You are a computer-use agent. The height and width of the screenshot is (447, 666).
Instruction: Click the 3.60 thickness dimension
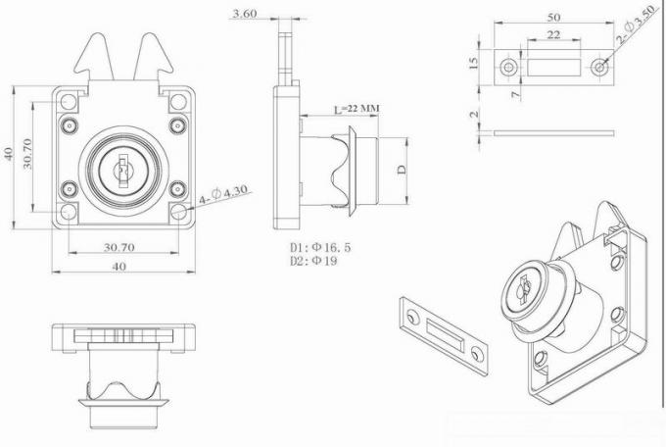tap(244, 14)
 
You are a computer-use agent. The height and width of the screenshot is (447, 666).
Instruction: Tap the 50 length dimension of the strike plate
tap(554, 17)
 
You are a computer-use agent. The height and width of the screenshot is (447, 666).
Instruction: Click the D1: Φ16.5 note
tap(319, 248)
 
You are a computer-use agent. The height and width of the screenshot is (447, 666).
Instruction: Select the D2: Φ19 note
tap(312, 262)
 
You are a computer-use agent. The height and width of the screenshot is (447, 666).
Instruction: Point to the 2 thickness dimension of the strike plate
tap(475, 115)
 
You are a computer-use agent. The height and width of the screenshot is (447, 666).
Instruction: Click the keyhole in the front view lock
tap(122, 171)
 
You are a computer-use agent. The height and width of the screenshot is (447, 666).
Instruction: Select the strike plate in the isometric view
tap(443, 335)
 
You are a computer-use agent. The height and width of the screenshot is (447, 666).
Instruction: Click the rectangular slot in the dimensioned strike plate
tap(554, 67)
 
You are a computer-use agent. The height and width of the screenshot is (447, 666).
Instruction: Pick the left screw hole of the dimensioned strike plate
tap(509, 67)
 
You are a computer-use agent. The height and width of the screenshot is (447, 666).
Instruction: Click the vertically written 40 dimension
tap(9, 154)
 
